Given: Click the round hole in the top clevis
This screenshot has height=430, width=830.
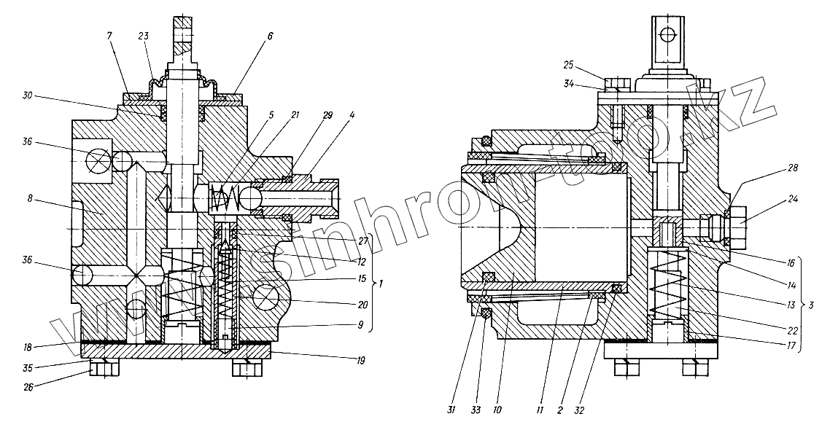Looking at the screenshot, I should [664, 34].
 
